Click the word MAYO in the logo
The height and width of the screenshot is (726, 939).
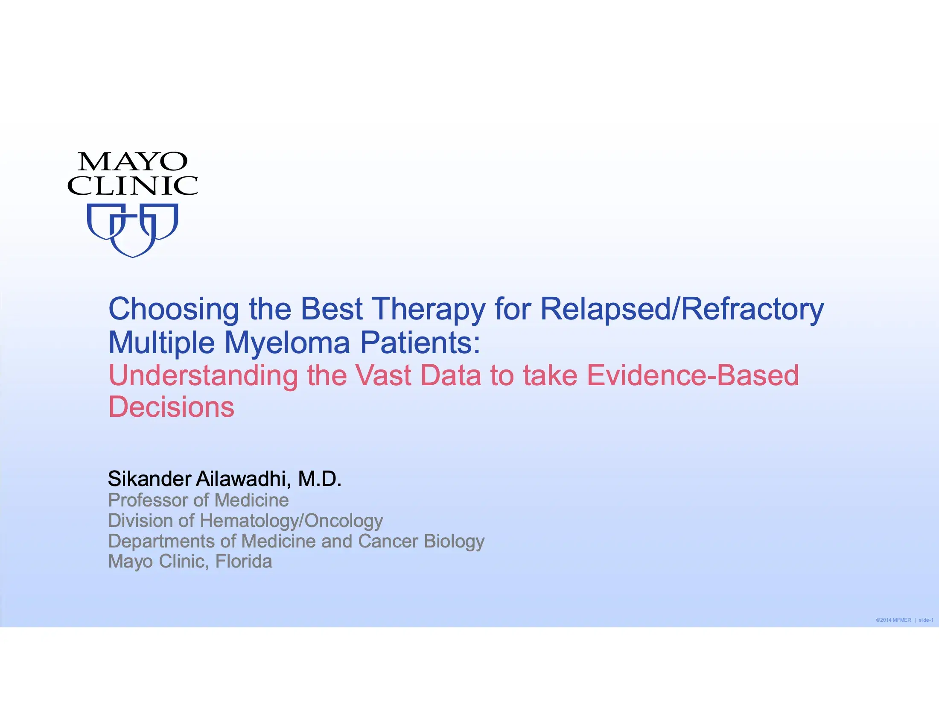(x=132, y=162)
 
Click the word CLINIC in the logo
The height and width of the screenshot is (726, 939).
(x=132, y=186)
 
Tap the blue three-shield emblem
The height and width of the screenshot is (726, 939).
(x=132, y=230)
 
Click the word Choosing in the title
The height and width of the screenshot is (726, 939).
(x=173, y=310)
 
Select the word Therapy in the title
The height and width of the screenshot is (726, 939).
(x=429, y=310)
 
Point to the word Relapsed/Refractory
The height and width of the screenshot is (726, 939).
(x=682, y=310)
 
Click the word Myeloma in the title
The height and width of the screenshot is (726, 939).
(x=287, y=343)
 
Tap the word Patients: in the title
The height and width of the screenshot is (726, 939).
(x=420, y=343)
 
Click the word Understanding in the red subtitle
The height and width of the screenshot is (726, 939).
(x=203, y=376)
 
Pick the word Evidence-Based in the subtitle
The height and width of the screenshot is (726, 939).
(x=693, y=376)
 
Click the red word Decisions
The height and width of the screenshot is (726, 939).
(x=171, y=407)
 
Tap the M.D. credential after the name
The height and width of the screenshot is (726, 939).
(x=319, y=479)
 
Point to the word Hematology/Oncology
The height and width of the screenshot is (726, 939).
(x=291, y=521)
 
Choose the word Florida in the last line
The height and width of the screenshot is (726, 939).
(x=243, y=561)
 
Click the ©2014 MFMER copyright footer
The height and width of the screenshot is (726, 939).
(x=893, y=620)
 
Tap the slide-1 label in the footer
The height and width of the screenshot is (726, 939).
(x=926, y=620)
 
